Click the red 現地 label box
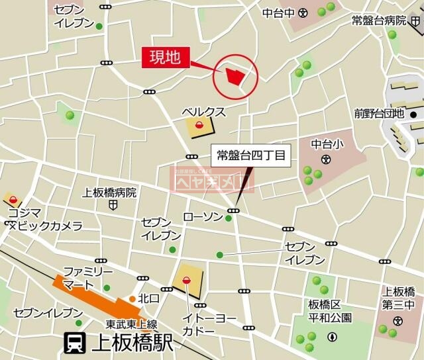click(x=166, y=58)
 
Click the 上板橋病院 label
click(x=109, y=193)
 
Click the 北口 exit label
click(x=149, y=299)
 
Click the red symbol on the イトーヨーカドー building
click(x=186, y=280)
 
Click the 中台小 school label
click(x=325, y=144)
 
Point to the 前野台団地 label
click(x=379, y=113)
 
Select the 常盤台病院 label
click(x=379, y=21)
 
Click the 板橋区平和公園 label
click(x=329, y=310)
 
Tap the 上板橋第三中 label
click(x=399, y=298)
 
